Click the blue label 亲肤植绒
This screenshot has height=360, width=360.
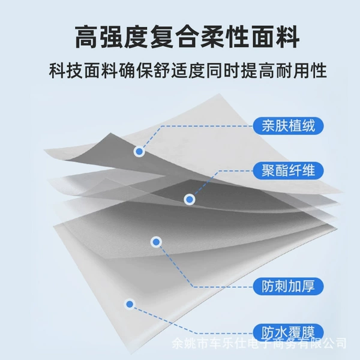(288, 126)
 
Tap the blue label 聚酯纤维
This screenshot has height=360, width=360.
(288, 170)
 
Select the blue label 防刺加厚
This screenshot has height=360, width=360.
(288, 286)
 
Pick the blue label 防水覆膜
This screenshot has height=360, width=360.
(288, 332)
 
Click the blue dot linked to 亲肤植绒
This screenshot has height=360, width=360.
(139, 152)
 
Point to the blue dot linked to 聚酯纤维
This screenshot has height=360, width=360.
(190, 200)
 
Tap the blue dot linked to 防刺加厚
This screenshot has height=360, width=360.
(156, 242)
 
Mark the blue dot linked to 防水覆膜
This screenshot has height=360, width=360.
(130, 304)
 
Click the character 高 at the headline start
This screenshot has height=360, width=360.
(86, 37)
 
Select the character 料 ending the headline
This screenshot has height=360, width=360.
(287, 37)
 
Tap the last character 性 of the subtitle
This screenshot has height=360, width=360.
(318, 70)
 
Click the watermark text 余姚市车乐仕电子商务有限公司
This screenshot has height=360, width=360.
(259, 343)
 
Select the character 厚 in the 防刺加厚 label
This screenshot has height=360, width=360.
(308, 286)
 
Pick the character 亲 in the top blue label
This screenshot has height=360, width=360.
(268, 126)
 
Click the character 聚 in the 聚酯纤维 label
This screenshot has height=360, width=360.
(268, 170)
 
